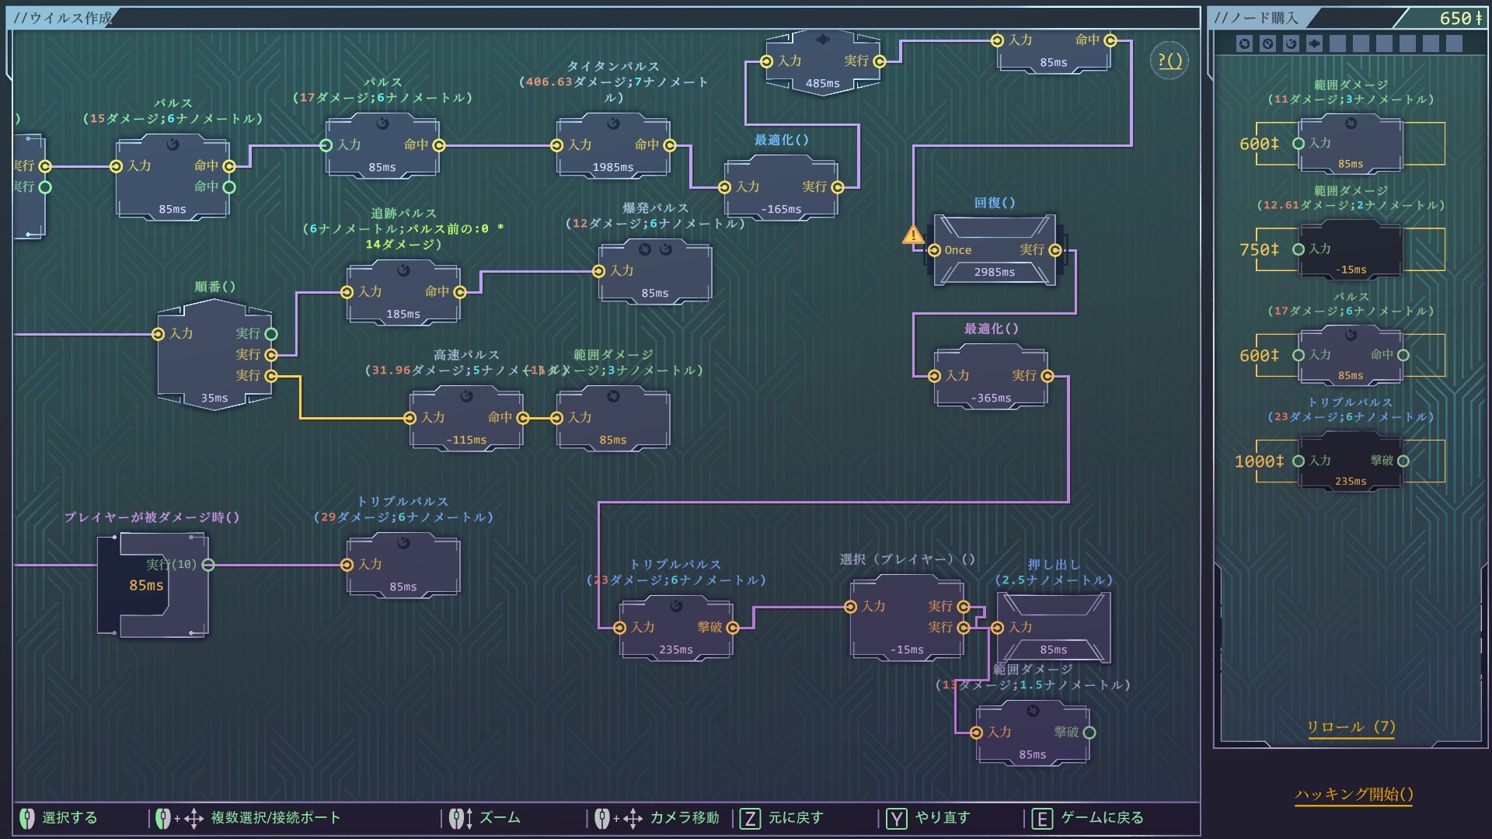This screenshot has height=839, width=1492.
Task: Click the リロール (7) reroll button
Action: tap(1351, 727)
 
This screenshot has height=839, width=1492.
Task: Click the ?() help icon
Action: tap(1170, 60)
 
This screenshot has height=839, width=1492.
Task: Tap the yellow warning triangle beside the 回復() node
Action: tap(913, 235)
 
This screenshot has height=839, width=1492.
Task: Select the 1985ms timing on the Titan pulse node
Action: tap(612, 167)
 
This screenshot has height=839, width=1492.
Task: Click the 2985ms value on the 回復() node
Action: tap(994, 272)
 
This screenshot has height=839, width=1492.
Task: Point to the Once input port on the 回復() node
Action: tap(935, 250)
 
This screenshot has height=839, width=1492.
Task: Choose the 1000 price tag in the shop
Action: tap(1259, 461)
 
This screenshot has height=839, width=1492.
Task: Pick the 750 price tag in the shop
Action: tap(1259, 249)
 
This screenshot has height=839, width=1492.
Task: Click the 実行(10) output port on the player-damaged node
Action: tap(208, 565)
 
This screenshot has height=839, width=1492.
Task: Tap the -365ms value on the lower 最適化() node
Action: tap(991, 398)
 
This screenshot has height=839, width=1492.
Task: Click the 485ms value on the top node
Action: tap(822, 83)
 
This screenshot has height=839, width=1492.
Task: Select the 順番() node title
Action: tap(214, 287)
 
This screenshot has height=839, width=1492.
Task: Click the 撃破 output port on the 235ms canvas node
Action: tap(733, 628)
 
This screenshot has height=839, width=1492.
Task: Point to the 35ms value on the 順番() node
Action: tap(214, 398)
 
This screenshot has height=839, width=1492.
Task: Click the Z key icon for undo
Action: tap(750, 818)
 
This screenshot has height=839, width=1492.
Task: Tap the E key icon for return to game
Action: tap(1042, 818)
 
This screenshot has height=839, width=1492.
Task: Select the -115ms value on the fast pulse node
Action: tap(466, 440)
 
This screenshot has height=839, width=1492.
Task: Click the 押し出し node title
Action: tap(1053, 565)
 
